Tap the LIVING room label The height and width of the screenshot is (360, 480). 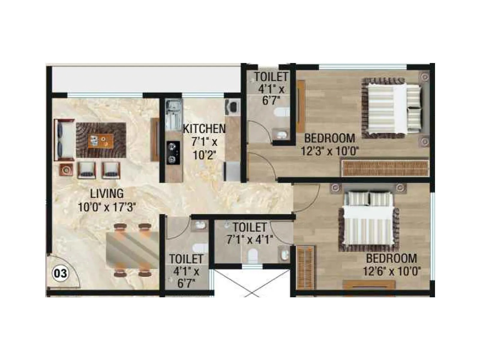point(107,193)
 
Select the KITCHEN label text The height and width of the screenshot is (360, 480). point(204,129)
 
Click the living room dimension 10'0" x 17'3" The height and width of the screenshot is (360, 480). point(107,207)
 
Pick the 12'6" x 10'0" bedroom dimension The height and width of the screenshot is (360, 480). point(391,271)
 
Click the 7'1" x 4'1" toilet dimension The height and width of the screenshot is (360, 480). point(250,240)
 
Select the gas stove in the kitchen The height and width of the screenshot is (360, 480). point(173,153)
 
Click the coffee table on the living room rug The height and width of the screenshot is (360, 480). point(101,141)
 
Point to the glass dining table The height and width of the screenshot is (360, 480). point(132,249)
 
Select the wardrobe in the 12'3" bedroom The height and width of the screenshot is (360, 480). point(385,168)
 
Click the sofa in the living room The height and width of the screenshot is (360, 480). point(64,140)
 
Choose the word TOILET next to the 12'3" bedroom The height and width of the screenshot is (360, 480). point(271,77)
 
